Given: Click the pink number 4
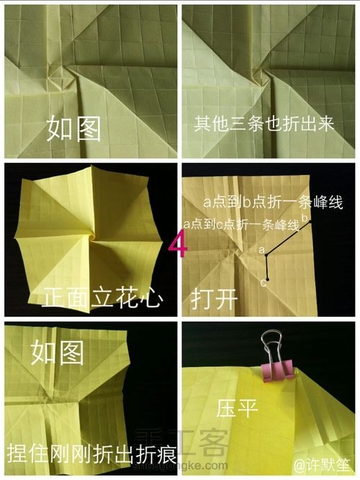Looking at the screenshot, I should coord(179,243).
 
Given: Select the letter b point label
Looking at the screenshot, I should coord(305,217).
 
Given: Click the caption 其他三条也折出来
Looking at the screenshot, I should coord(264,124).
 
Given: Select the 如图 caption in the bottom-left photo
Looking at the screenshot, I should coord(57,352).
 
